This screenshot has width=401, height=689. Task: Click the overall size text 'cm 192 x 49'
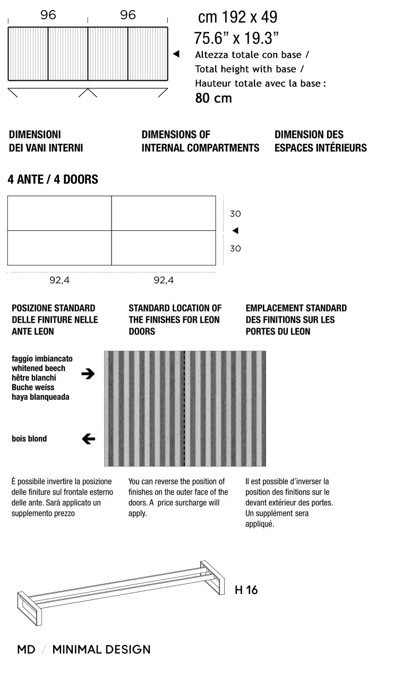tap(237, 18)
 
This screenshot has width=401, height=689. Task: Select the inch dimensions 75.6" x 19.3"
tap(237, 38)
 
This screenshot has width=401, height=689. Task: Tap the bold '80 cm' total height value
tap(214, 98)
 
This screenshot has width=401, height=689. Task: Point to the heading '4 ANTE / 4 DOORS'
tap(53, 179)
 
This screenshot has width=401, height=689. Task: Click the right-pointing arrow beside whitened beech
tap(88, 374)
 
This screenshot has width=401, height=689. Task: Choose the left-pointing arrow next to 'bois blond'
tap(88, 438)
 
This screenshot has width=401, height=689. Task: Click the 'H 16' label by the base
tap(246, 590)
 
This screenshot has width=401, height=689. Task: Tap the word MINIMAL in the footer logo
tap(76, 649)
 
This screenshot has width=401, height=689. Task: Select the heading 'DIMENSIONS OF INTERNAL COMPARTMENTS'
tap(200, 141)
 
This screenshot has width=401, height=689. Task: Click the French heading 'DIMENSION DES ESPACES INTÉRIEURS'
tap(320, 141)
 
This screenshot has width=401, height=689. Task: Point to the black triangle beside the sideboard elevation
tap(176, 54)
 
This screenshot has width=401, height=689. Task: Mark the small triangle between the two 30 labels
tap(235, 230)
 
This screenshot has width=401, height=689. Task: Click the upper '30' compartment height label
tap(235, 214)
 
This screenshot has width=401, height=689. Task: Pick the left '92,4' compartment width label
tap(59, 280)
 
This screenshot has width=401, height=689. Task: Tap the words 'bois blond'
tap(29, 438)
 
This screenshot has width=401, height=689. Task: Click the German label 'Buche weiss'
tap(33, 387)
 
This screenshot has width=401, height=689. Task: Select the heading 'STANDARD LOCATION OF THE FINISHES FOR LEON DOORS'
tap(175, 320)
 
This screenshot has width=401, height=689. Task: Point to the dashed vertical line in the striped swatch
tap(184, 408)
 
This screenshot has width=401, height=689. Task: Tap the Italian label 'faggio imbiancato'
tap(42, 359)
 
